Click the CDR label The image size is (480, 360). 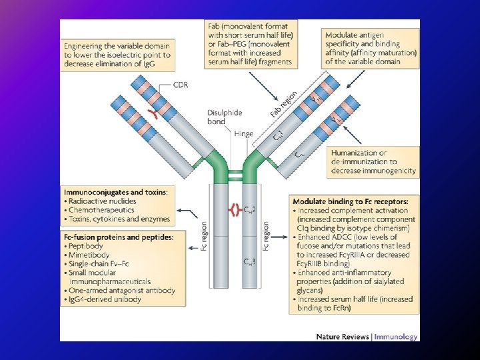(181, 85)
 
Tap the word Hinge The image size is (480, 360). (243, 133)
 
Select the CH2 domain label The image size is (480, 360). (251, 211)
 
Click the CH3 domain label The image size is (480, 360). (251, 262)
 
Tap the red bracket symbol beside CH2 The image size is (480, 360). (233, 211)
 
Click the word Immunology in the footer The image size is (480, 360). (395, 337)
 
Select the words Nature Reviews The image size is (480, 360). (343, 337)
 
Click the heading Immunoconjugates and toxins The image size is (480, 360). (115, 191)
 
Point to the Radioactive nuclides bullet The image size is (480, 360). (102, 201)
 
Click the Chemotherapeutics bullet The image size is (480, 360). (99, 210)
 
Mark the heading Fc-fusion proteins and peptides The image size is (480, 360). (117, 237)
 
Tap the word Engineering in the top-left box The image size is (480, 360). (85, 45)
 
